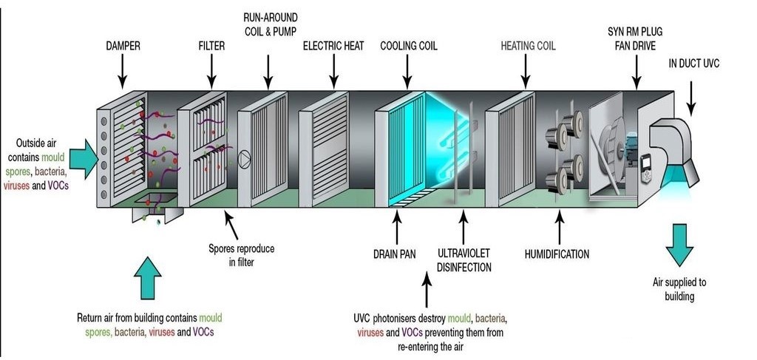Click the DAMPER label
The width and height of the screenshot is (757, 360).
123,46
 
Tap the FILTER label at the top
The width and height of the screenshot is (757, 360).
211,46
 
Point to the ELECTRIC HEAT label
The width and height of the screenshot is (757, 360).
333,46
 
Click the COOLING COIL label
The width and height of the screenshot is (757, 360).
409,46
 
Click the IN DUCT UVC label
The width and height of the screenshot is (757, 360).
693,64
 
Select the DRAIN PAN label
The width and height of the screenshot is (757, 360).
395,255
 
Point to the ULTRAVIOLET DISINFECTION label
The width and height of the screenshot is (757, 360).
464,261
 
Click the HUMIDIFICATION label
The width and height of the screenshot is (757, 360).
557,254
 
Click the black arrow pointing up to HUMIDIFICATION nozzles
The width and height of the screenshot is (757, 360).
560,225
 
